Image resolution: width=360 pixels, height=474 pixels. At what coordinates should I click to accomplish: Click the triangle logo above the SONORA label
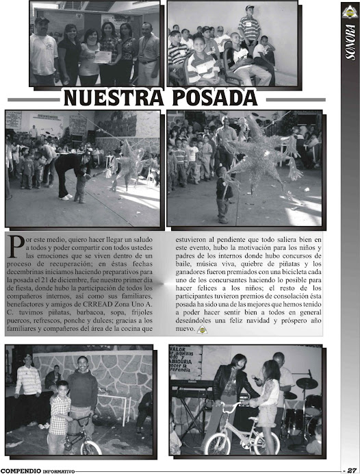350,12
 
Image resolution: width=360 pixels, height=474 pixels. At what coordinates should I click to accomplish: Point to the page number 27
351,470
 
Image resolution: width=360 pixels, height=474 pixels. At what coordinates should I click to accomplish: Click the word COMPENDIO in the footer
21,471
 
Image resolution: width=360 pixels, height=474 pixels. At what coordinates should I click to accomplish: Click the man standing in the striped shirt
249,27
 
